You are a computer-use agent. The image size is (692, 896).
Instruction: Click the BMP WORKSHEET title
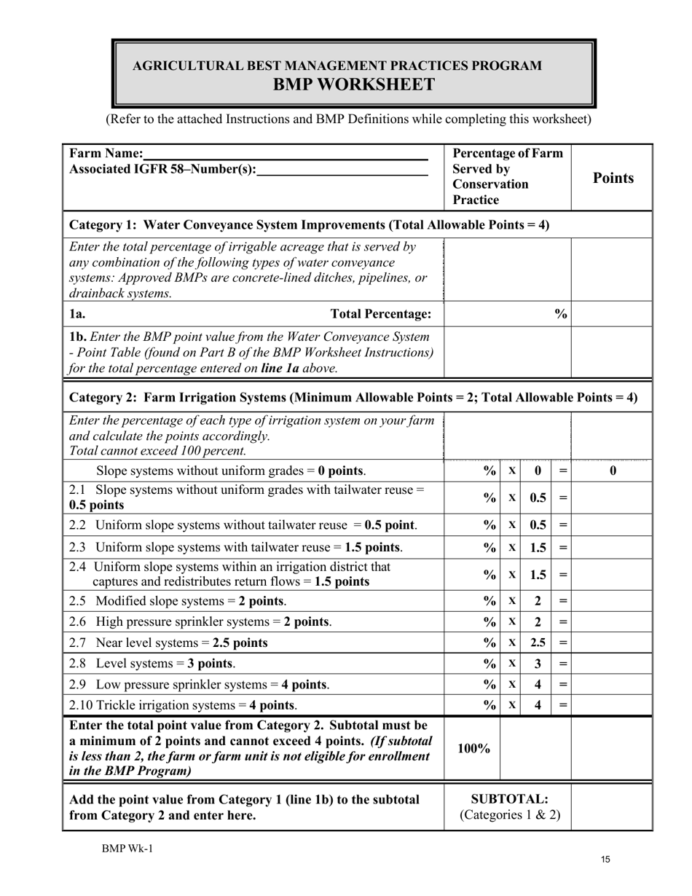[353, 85]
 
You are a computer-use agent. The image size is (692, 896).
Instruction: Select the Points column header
[613, 178]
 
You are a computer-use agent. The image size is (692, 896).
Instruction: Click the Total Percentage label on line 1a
[381, 314]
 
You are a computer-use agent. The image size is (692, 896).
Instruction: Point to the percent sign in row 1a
[560, 314]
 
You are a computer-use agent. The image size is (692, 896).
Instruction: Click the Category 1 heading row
[309, 224]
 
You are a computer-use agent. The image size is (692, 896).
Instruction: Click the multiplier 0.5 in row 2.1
[538, 498]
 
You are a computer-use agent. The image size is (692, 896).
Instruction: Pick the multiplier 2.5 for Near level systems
[538, 643]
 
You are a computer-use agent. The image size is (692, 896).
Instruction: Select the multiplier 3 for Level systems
[538, 664]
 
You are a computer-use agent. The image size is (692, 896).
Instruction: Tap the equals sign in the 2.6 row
[562, 622]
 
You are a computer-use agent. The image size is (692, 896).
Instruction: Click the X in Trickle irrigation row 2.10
[512, 705]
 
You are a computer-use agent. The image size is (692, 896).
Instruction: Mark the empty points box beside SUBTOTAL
[612, 806]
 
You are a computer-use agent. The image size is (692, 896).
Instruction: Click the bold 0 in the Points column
[613, 471]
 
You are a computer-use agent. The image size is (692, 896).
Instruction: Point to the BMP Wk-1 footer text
[127, 848]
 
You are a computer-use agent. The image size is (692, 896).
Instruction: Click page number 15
[606, 860]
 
